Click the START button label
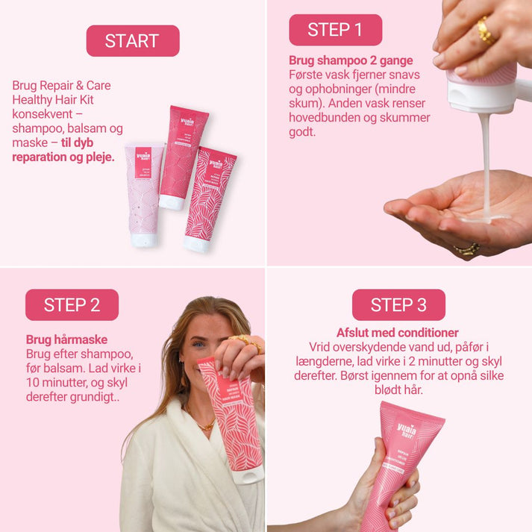coord(132,40)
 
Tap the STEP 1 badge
coord(335,30)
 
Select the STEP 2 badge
coord(72,304)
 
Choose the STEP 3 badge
coord(398,304)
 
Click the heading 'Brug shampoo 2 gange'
coord(350,60)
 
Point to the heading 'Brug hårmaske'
coord(66,339)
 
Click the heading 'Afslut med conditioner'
coord(397,333)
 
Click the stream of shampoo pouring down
coord(486,164)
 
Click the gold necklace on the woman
coord(203,425)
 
